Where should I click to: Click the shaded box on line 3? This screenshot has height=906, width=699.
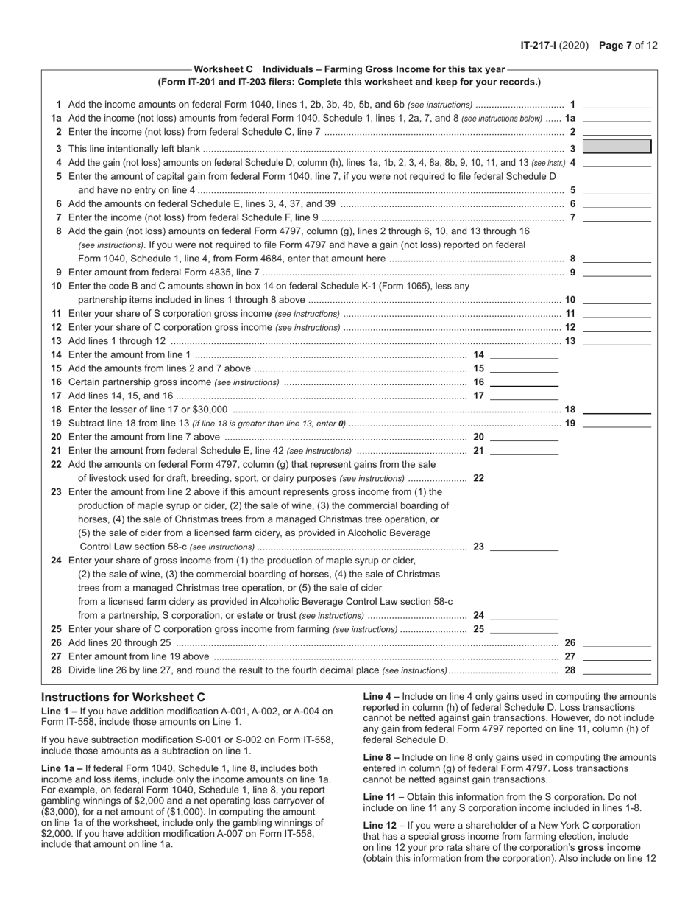[x=617, y=147]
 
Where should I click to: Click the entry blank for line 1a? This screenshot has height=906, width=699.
[x=617, y=118]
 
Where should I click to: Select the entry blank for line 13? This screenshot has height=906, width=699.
[x=617, y=341]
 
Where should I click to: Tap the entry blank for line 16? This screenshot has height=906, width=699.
[x=524, y=382]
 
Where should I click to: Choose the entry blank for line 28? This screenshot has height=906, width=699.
[x=617, y=670]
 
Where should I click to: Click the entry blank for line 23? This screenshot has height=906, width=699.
[x=524, y=547]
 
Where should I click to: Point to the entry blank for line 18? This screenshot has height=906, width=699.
[x=617, y=410]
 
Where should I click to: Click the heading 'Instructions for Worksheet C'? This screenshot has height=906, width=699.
[x=123, y=697]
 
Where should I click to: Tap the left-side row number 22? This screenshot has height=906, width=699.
[x=56, y=464]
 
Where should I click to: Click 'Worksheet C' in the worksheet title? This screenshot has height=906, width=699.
[x=224, y=70]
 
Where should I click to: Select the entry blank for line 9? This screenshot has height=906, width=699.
[x=617, y=273]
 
